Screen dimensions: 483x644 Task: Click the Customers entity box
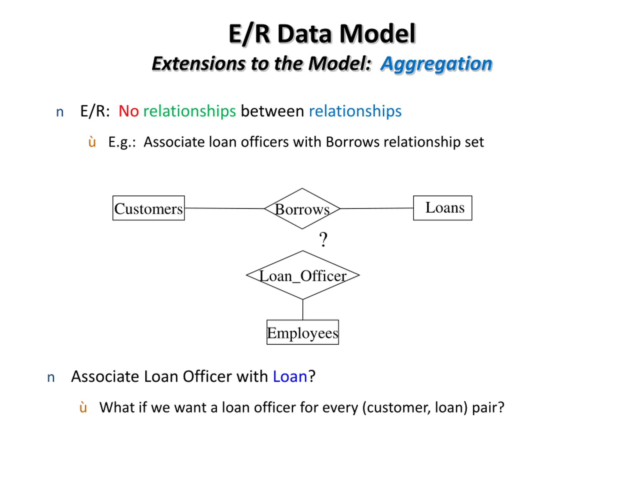(148, 208)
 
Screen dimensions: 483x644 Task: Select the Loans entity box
(442, 208)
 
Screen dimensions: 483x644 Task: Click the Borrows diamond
(302, 209)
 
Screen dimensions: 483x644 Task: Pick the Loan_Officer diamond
(303, 275)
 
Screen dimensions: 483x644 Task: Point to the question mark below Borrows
(323, 239)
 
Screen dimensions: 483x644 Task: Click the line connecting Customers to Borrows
(224, 208)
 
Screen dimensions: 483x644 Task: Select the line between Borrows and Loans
(376, 209)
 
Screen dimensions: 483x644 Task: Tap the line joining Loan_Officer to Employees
(303, 309)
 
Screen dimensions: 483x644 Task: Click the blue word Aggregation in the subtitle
(436, 63)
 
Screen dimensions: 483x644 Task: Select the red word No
(129, 111)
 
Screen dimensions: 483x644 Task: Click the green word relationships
(189, 111)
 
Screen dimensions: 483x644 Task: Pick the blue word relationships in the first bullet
(355, 111)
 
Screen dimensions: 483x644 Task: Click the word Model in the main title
(377, 34)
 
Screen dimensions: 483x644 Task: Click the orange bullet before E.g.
(92, 142)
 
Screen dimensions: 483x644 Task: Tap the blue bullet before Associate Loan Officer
(51, 377)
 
